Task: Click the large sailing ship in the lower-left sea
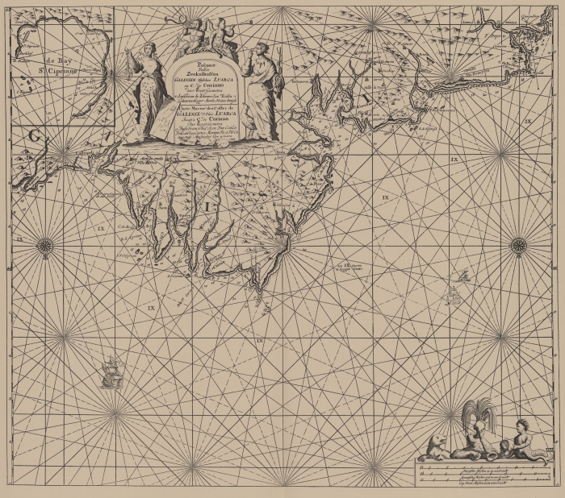click(x=111, y=371)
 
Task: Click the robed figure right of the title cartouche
click(x=258, y=89)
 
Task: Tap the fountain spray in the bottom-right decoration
click(x=479, y=413)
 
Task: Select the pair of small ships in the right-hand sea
click(x=462, y=276)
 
